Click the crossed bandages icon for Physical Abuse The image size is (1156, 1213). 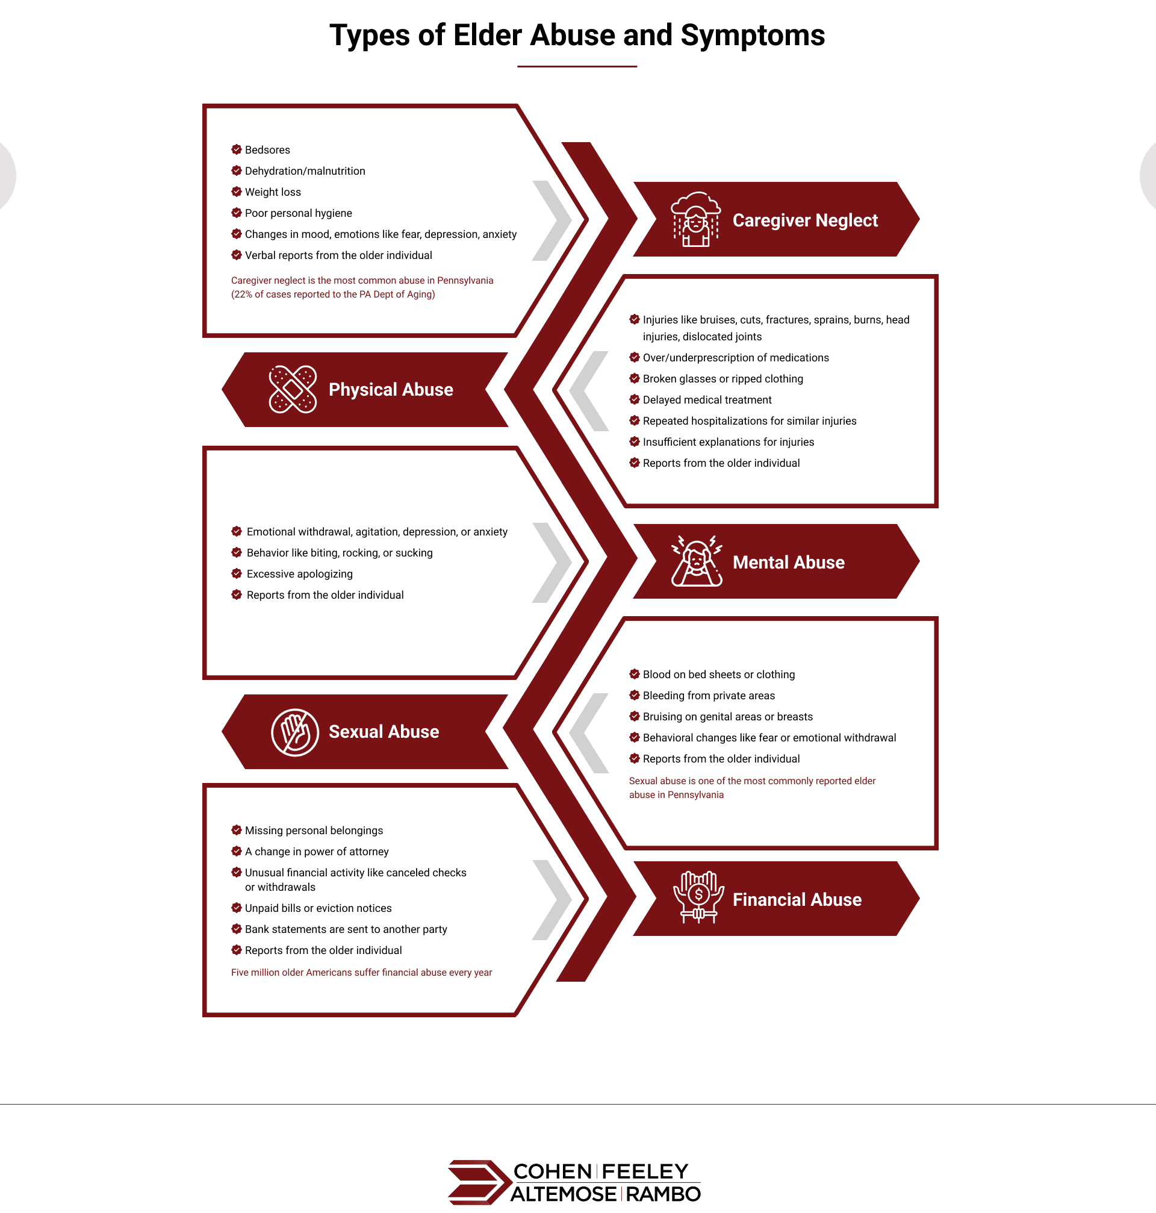point(293,389)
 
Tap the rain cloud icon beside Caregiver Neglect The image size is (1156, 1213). point(695,219)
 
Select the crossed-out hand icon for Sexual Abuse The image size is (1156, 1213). point(295,732)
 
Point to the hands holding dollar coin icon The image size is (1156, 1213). point(698,897)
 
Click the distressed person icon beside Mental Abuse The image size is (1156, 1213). point(697,561)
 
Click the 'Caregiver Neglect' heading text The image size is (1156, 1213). point(805,220)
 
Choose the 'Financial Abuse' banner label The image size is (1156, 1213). point(797,899)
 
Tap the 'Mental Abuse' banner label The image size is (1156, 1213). point(788,562)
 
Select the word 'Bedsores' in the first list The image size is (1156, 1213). point(267,150)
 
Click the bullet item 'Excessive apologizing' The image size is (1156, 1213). point(299,574)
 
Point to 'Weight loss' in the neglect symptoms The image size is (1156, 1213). point(273,192)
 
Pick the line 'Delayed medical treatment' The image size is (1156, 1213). point(707,400)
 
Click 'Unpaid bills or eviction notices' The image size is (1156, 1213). point(318,908)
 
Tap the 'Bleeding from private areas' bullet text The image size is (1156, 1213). point(709,695)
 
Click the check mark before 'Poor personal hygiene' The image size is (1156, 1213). point(236,213)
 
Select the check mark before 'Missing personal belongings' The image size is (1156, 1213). point(236,829)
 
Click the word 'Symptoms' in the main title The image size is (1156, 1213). point(753,36)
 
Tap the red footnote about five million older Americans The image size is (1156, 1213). point(361,972)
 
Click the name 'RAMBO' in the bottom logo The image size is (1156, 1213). point(663,1194)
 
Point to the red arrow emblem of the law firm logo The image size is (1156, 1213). point(479,1182)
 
